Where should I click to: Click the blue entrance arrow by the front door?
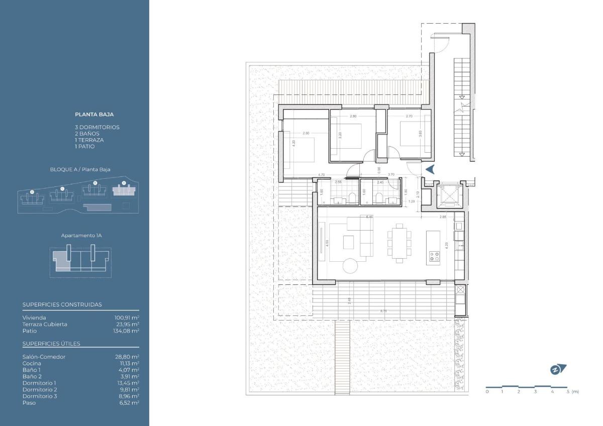pyautogui.click(x=430, y=169)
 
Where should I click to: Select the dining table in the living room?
pyautogui.click(x=399, y=243)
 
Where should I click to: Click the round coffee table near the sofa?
pyautogui.click(x=351, y=264)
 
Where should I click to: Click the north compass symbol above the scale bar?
pyautogui.click(x=558, y=370)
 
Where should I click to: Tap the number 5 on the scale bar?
pyautogui.click(x=568, y=391)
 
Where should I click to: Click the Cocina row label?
pyautogui.click(x=31, y=363)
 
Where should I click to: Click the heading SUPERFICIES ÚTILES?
pyautogui.click(x=51, y=344)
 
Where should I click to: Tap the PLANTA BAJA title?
pyautogui.click(x=94, y=115)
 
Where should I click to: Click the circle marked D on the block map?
pyautogui.click(x=32, y=191)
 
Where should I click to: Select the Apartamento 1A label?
pyautogui.click(x=81, y=235)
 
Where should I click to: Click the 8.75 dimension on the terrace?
pyautogui.click(x=383, y=311)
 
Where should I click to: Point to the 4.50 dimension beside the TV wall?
pyautogui.click(x=327, y=243)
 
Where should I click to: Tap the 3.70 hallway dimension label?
pyautogui.click(x=391, y=175)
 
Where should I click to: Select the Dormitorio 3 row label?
pyautogui.click(x=40, y=396)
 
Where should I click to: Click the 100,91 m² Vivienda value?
pyautogui.click(x=127, y=317)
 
